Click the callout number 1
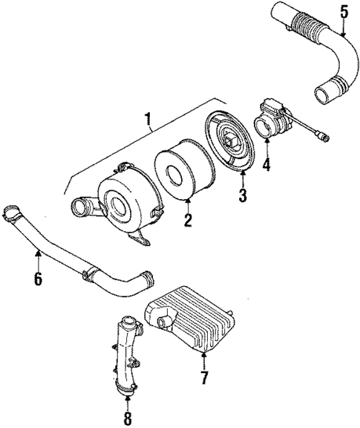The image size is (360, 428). click(148, 118)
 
